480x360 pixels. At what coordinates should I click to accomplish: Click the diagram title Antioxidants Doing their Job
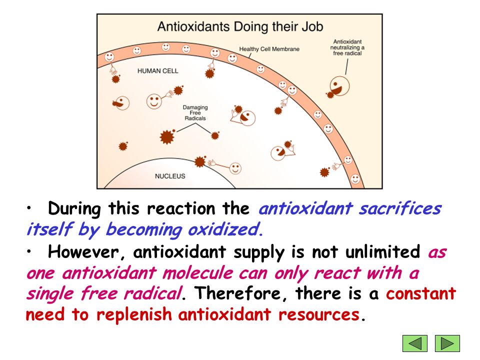pos(240,26)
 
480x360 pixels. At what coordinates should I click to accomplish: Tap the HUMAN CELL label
pos(157,71)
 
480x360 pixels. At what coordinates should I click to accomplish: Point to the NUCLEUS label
pos(170,176)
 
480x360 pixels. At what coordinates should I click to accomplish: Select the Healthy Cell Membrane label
pos(269,49)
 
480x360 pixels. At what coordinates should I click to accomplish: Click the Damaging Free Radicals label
pos(195,112)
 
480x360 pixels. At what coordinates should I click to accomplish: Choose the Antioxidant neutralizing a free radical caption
pos(347,47)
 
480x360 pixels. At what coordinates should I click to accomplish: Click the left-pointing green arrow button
pos(415,343)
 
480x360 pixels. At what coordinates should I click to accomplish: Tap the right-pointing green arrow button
pos(447,343)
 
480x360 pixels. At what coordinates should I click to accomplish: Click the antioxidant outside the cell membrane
pos(339,86)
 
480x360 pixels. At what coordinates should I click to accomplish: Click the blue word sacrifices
pos(400,209)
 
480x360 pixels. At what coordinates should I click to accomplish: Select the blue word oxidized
pos(225,229)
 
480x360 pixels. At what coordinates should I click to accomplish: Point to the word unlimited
pos(382,251)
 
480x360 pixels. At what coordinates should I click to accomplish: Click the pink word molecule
pos(198,273)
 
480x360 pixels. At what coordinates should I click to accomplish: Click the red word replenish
pos(134,314)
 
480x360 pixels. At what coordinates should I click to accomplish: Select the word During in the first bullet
pos(74,209)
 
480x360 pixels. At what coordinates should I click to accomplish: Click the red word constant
pos(421,293)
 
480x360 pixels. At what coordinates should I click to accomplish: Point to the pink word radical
pos(153,293)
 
